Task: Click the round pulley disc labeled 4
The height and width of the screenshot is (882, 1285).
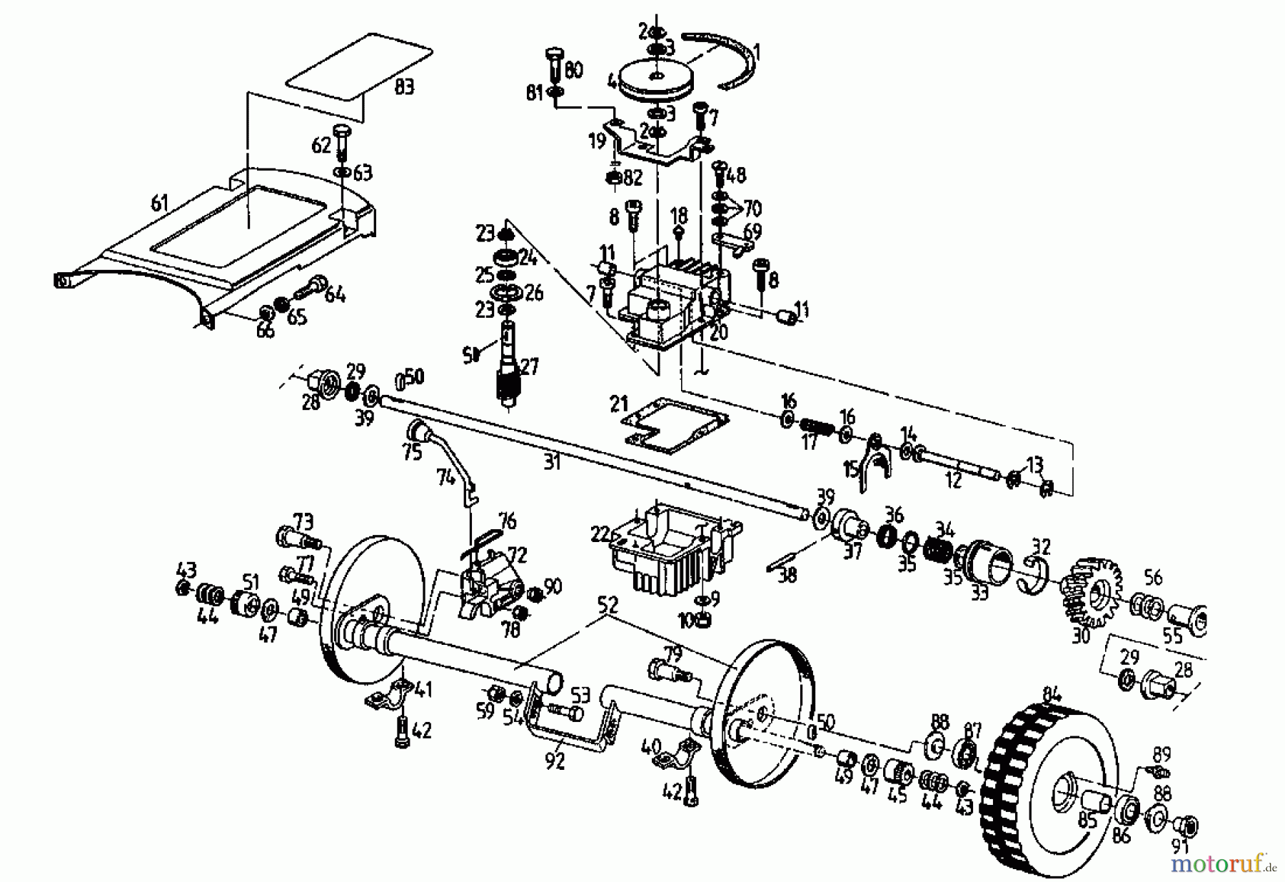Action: (x=654, y=81)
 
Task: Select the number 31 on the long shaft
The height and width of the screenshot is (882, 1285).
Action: (x=552, y=462)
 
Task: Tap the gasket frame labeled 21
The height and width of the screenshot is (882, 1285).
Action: (x=677, y=426)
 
